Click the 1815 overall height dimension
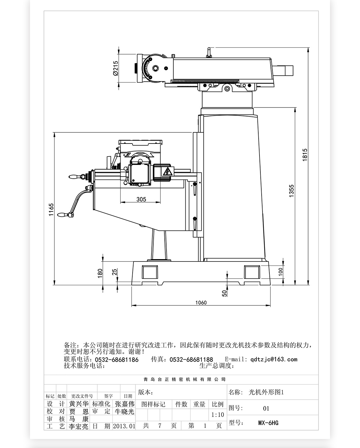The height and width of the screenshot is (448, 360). click(x=305, y=155)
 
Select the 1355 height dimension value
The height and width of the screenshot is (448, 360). click(x=292, y=191)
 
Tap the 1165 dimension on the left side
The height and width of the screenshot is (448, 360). click(x=51, y=210)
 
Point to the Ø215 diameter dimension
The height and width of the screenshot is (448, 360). click(x=115, y=68)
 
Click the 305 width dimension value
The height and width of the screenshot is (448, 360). click(x=141, y=199)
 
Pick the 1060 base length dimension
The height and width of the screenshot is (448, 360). click(x=201, y=302)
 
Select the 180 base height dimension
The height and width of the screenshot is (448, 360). click(x=100, y=273)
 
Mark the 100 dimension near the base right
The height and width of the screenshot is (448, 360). click(x=280, y=272)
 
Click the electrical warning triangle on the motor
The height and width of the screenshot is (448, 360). click(x=167, y=172)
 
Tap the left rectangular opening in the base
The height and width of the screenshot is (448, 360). click(x=150, y=272)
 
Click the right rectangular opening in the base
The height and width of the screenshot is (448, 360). click(x=252, y=272)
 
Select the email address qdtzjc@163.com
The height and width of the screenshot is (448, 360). click(x=274, y=359)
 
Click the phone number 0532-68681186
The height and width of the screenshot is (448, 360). click(x=117, y=359)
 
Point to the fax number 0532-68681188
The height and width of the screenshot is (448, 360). click(x=191, y=359)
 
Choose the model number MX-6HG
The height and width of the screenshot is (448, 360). click(x=268, y=423)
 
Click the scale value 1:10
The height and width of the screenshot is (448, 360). click(x=217, y=415)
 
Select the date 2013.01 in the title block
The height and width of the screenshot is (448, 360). click(x=124, y=426)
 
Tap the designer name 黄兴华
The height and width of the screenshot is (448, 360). click(x=79, y=404)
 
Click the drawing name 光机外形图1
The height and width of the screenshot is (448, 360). click(x=266, y=392)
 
